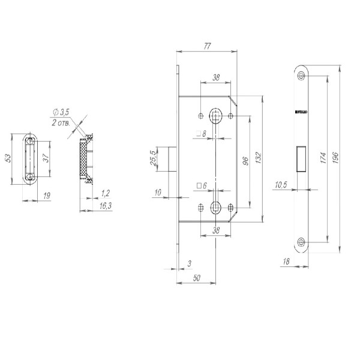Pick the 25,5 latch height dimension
pyautogui.click(x=154, y=158)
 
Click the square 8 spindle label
pyautogui.click(x=201, y=133)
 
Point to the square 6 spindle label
pyautogui.click(x=201, y=186)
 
